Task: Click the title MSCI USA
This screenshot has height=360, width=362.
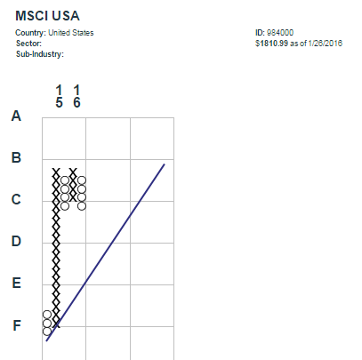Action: [x=47, y=16]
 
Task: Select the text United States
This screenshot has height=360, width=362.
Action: [x=71, y=33]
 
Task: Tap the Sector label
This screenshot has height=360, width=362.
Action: [x=28, y=44]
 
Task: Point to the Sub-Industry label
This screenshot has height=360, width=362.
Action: [x=40, y=54]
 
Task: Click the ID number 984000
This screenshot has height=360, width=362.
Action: [x=280, y=33]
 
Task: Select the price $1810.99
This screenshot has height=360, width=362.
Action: [x=271, y=44]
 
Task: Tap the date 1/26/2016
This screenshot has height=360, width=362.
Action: [x=326, y=44]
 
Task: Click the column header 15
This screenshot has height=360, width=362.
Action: [x=59, y=96]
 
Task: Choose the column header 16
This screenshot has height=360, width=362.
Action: [x=76, y=96]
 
